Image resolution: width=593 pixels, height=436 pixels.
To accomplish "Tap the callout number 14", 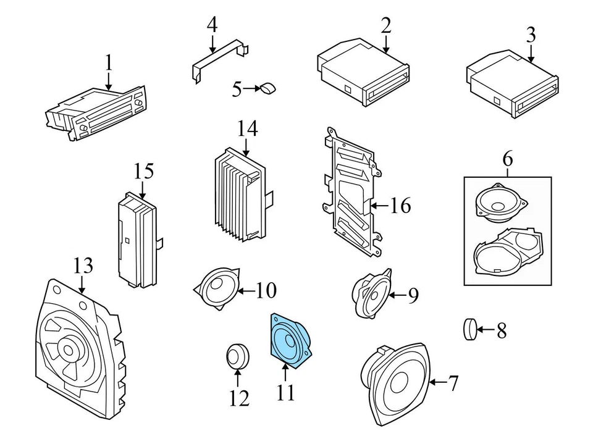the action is pos(247,128).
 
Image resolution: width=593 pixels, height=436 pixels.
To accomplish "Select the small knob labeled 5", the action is pos(268,88).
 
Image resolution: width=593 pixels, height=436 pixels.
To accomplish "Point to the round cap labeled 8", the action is pos(469,329).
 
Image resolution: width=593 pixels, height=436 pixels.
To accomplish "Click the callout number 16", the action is pos(400,206).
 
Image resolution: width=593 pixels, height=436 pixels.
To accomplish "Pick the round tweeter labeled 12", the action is pos(237,356).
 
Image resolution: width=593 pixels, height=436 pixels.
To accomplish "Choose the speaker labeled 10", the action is pos(217,288).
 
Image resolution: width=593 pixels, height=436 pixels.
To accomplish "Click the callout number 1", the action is pos(109,63).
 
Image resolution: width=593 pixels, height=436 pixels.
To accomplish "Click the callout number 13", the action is pos(83,266).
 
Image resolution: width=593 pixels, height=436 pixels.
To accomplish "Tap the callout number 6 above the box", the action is pos(508,159).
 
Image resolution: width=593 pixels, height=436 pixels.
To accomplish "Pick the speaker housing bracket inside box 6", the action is pos(508,250).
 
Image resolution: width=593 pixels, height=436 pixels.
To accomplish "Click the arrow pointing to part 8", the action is pos(486,330).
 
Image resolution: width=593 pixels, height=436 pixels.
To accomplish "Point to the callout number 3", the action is pos(531,35).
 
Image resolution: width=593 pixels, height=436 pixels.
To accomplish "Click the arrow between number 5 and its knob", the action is pos(251,89).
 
